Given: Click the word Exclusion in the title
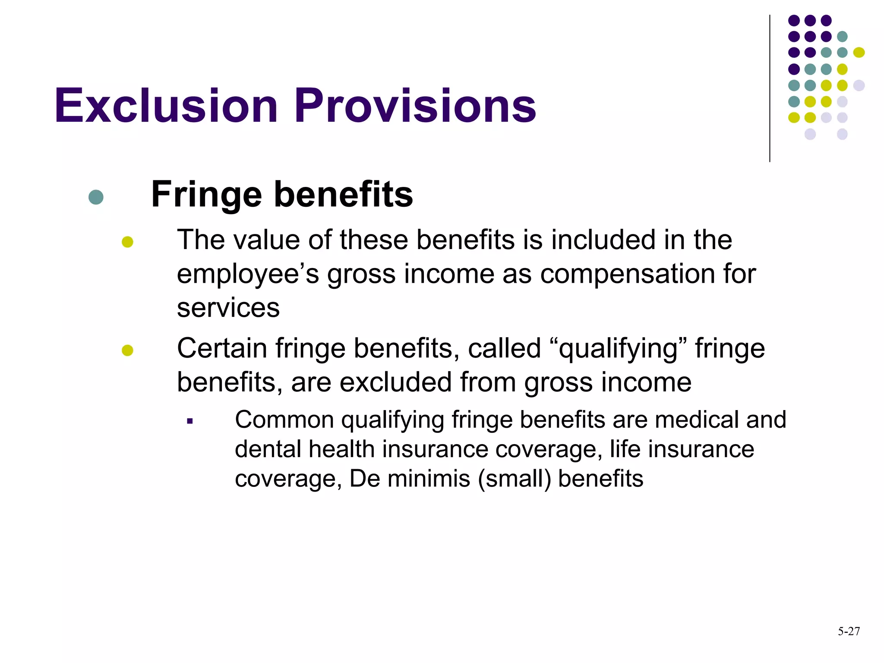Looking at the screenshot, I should (166, 106).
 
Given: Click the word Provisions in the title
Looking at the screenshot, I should (415, 106).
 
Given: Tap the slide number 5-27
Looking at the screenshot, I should (849, 631).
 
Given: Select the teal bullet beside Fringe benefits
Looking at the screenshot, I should (96, 197).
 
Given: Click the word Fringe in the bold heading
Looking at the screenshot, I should (206, 195).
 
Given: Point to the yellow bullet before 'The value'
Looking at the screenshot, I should (127, 242).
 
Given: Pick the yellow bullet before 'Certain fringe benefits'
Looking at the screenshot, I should (127, 350).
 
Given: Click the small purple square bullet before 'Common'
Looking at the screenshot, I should (189, 421).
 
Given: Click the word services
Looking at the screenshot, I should (228, 308).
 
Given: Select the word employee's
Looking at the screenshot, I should (248, 275).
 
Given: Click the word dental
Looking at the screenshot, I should (268, 449).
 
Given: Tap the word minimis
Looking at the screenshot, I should (429, 479).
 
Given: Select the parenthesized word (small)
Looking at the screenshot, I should (515, 479).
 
